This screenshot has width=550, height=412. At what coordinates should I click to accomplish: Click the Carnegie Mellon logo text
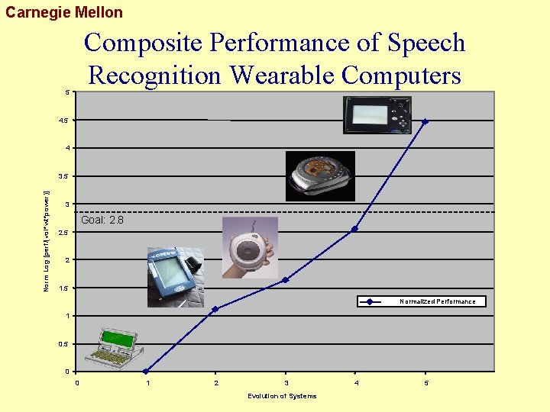63,12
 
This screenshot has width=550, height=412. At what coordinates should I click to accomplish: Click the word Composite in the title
144,43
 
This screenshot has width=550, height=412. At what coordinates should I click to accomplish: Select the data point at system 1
146,372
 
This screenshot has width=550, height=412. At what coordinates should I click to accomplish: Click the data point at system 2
215,309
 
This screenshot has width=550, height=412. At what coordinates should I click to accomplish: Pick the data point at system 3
286,280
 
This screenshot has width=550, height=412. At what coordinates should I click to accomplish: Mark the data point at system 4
354,229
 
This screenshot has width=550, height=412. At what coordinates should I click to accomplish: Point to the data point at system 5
425,121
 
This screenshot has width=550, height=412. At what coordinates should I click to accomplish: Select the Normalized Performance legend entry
437,301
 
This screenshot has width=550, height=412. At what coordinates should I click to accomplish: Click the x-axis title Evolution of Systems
282,396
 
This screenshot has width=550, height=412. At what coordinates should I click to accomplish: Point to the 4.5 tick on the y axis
63,121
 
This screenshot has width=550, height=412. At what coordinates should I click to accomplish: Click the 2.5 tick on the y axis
63,232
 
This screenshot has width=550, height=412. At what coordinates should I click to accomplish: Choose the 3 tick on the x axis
286,383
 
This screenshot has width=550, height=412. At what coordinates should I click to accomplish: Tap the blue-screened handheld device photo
175,276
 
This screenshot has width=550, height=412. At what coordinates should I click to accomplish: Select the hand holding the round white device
250,247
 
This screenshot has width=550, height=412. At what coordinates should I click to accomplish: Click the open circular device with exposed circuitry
319,176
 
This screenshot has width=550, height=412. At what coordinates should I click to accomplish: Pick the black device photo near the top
377,115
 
